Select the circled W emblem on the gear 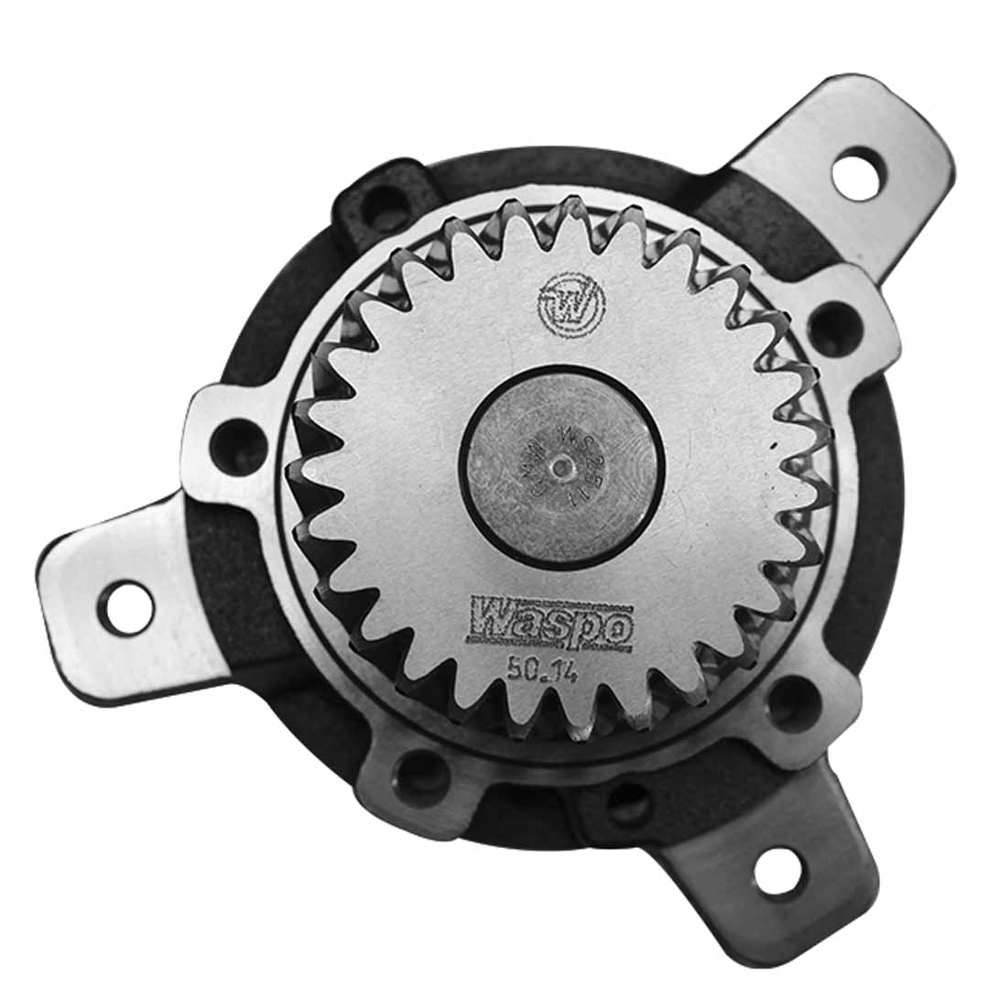tap(569, 303)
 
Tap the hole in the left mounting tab tap(128, 607)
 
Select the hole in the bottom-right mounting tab tap(779, 870)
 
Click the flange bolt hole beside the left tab tap(237, 446)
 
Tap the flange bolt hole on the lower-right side tap(794, 703)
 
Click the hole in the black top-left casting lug tap(384, 208)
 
